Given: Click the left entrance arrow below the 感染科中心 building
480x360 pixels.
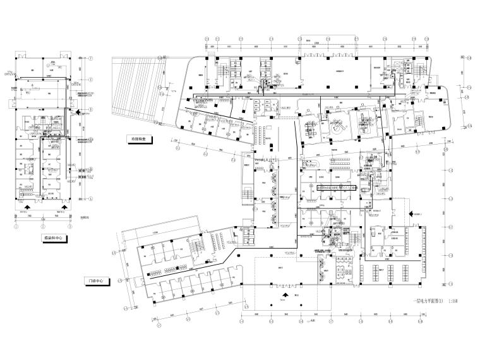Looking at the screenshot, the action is (x=27, y=206).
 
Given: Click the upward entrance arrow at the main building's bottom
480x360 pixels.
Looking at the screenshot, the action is (x=287, y=294).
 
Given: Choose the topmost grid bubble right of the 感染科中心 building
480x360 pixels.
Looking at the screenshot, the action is (x=90, y=61).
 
